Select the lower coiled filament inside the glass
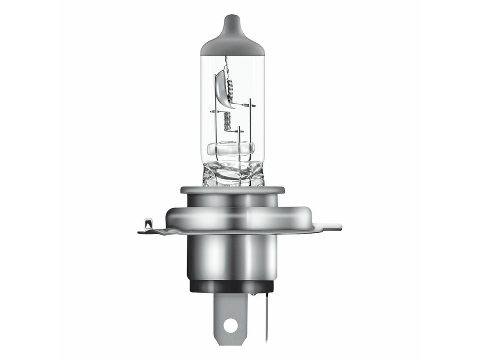click(227, 121)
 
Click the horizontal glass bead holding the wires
click(231, 148)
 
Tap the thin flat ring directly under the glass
click(232, 190)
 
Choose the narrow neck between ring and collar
click(232, 200)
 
